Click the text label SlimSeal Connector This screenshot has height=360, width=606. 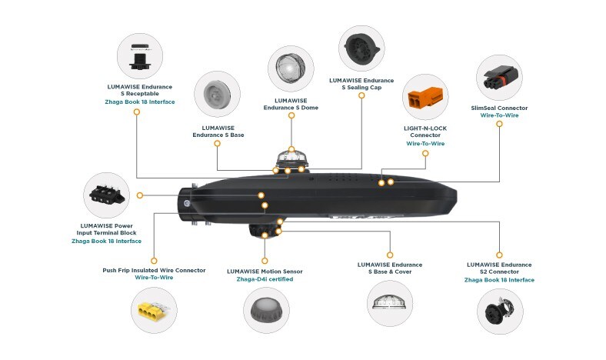tap(498, 108)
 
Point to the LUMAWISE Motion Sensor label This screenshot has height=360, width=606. tap(265, 271)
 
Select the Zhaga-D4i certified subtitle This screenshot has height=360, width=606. tap(265, 279)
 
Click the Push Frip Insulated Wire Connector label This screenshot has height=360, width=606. tap(154, 270)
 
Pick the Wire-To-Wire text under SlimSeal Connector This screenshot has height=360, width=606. tap(498, 117)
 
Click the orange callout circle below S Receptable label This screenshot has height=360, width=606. tap(137, 112)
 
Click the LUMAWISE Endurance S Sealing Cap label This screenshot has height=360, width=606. tap(361, 83)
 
